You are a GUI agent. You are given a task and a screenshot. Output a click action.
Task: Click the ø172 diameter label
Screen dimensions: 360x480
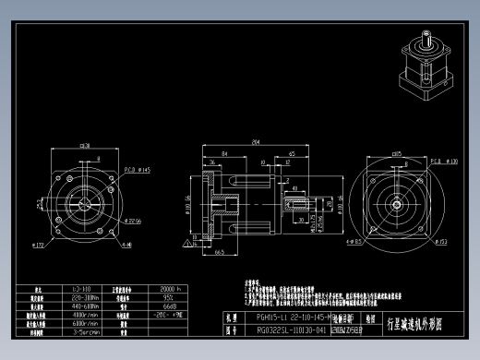coord(39,246)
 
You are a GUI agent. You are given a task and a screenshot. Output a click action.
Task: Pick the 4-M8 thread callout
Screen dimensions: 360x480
coord(125,245)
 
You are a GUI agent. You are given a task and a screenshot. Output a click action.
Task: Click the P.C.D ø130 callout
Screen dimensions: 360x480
coord(444,160)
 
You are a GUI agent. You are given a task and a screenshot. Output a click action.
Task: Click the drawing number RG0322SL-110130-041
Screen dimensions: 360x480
coord(282,330)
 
